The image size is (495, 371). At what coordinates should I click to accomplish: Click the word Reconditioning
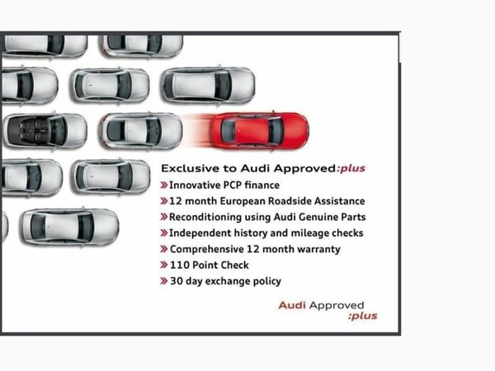coord(210,217)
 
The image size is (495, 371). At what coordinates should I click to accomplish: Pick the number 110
coord(181,265)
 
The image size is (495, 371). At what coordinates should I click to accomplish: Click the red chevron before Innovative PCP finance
coord(164,185)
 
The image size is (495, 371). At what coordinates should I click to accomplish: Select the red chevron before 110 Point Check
coord(164,265)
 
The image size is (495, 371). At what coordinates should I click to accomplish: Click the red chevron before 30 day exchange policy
coord(164,281)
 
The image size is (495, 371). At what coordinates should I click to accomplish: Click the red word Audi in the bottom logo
coord(293,305)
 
